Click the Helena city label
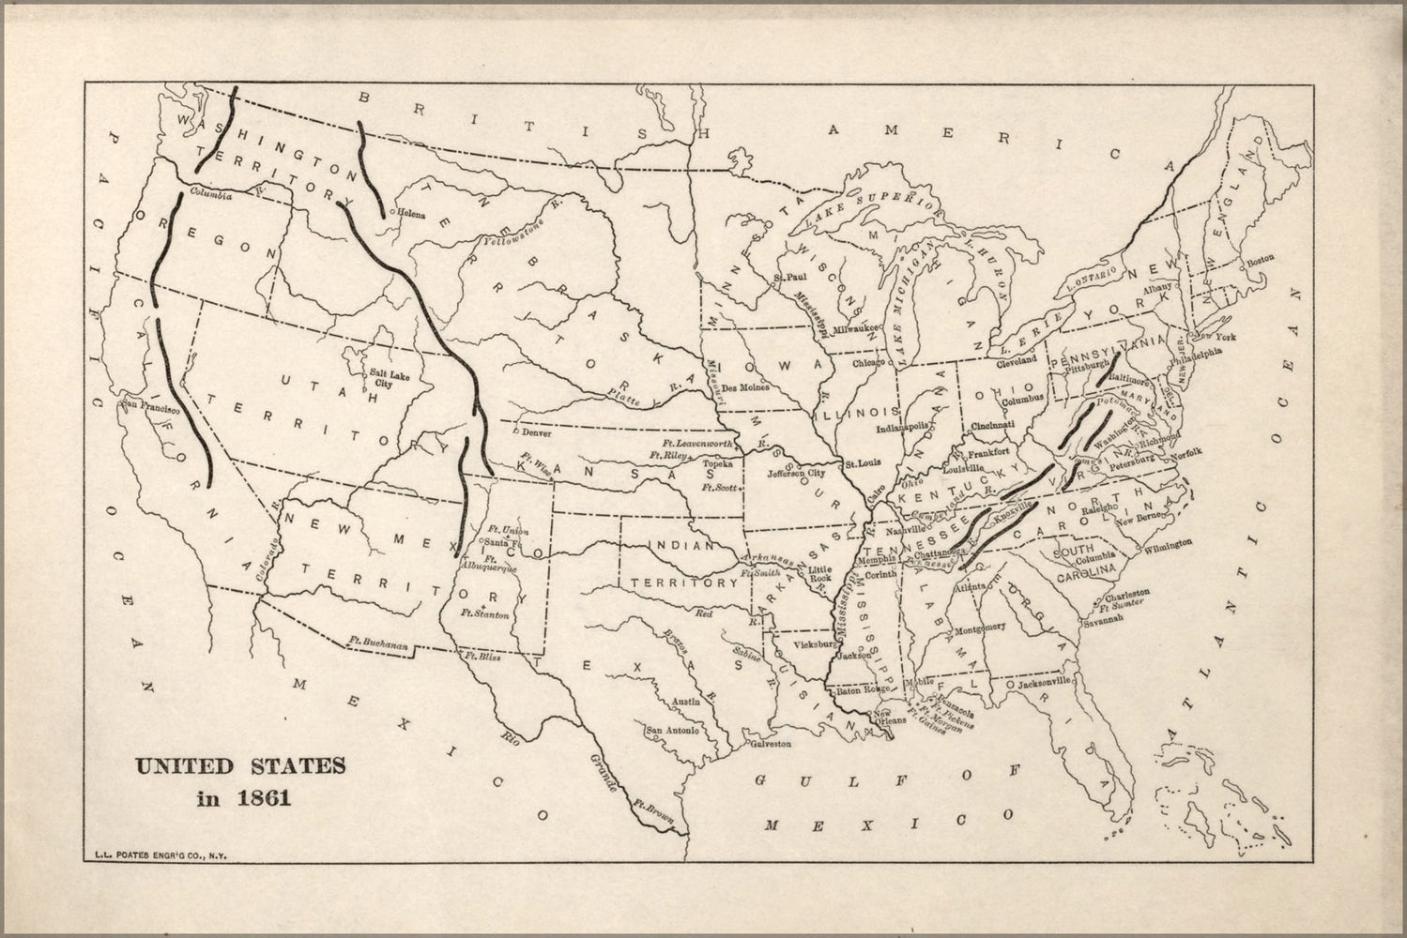[411, 214]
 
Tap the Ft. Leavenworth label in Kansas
[696, 442]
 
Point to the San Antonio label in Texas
[670, 730]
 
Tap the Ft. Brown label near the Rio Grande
[653, 806]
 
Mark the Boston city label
[1260, 260]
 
